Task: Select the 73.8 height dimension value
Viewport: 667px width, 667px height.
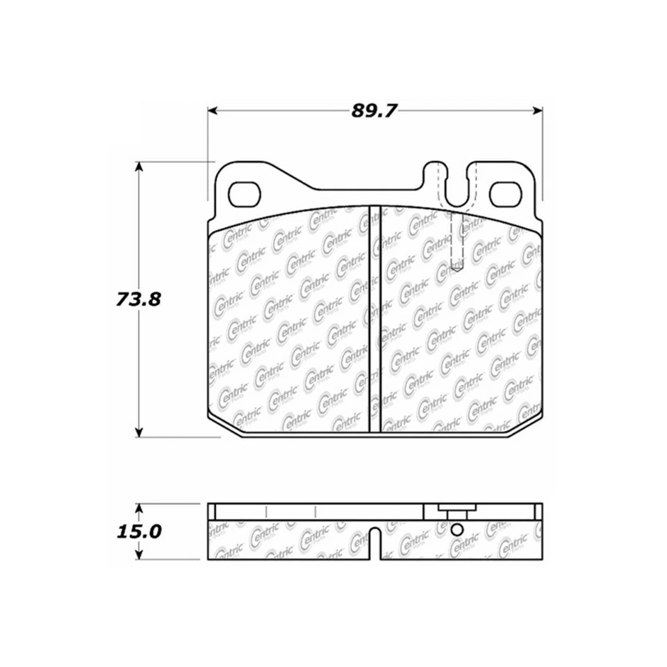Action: [138, 299]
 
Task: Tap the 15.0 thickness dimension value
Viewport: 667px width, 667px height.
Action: [138, 532]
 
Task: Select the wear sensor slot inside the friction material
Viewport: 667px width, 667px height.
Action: [456, 243]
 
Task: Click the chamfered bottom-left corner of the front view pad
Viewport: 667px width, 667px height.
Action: [224, 427]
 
